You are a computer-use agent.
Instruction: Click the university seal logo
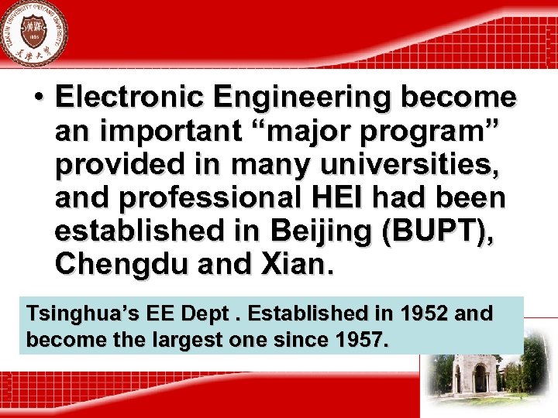pyautogui.click(x=33, y=33)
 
